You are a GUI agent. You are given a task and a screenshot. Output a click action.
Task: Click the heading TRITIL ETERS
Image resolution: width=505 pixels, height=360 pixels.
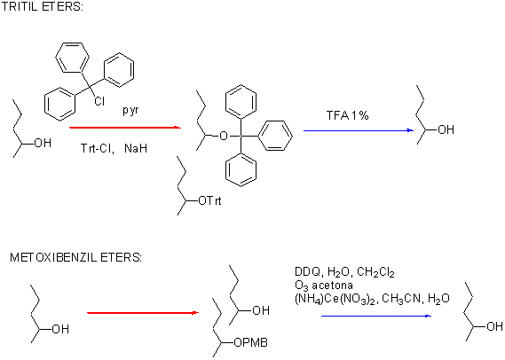coord(43,7)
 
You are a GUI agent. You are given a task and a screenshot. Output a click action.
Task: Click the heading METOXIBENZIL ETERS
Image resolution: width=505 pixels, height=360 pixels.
coord(75,258)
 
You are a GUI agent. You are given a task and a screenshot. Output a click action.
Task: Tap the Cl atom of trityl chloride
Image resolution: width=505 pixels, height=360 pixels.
coord(99,101)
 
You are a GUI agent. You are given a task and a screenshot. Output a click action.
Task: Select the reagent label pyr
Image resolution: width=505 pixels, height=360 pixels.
coord(130,110)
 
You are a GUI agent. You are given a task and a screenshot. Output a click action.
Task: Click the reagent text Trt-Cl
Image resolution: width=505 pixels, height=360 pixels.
coord(98,148)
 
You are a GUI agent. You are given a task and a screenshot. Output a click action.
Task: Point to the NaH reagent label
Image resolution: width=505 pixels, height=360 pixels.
coord(136,148)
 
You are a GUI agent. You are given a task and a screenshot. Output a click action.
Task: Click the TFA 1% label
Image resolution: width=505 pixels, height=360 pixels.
coord(348,115)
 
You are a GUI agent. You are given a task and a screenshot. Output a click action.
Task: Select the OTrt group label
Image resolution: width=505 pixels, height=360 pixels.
coord(210,201)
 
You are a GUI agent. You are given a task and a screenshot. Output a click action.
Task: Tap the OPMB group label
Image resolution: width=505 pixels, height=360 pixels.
coord(251,343)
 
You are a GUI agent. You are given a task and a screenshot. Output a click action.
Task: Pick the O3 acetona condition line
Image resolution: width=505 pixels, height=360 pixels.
coord(324,286)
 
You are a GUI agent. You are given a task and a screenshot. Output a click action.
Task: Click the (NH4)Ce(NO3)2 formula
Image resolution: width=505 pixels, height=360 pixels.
coord(335,299)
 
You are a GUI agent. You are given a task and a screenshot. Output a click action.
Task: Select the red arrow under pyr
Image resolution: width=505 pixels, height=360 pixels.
coord(125,128)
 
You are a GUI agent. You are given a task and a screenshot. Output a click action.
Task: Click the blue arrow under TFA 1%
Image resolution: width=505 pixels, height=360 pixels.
coord(359,130)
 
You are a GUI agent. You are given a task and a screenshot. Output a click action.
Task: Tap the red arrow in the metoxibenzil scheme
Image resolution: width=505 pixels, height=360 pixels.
coord(143,312)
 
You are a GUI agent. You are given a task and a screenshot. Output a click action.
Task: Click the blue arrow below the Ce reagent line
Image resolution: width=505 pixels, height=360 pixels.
coord(376,316)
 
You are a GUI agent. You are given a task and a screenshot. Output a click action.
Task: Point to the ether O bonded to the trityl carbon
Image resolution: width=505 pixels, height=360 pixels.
coord(223,136)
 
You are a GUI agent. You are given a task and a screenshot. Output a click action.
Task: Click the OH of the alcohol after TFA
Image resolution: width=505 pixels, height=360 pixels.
coord(446,130)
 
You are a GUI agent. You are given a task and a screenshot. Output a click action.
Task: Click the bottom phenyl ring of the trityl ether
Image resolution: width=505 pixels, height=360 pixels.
coord(241,169)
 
